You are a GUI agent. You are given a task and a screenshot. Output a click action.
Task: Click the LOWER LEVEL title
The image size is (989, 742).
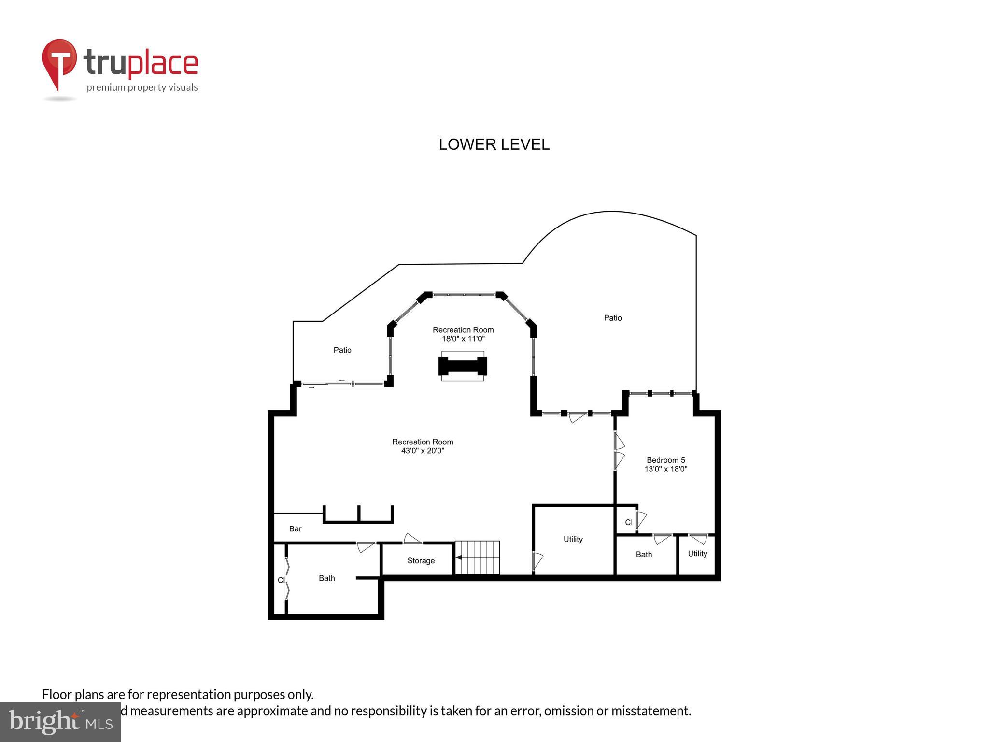(x=494, y=144)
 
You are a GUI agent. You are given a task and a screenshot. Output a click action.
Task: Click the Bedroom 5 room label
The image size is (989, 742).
(x=665, y=460)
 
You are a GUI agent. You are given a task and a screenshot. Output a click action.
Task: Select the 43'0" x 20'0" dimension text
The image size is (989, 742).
(x=422, y=451)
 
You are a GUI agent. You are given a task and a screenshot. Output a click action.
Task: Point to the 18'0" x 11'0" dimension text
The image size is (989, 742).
(x=463, y=339)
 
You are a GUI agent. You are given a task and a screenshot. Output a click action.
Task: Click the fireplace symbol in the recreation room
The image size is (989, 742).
(x=462, y=366)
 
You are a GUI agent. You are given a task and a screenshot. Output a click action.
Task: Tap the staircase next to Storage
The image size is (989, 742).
(x=477, y=557)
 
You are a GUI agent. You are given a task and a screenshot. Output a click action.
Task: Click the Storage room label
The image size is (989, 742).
(x=421, y=560)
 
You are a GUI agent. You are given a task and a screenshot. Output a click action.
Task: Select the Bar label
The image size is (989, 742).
(x=295, y=528)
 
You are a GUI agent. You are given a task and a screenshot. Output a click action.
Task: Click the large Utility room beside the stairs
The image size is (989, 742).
(x=573, y=539)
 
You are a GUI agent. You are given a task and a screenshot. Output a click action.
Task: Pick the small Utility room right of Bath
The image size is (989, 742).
(x=697, y=554)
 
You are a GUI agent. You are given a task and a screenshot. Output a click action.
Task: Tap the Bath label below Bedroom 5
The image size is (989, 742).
(x=643, y=554)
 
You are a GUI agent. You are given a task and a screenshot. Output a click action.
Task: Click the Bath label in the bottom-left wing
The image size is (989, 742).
(x=326, y=578)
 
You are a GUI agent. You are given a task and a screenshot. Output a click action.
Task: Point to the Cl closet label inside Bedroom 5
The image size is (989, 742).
(x=628, y=522)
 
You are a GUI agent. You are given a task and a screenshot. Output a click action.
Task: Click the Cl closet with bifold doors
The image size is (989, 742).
(x=281, y=580)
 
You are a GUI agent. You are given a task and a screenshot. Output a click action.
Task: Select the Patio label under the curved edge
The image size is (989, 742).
(x=612, y=318)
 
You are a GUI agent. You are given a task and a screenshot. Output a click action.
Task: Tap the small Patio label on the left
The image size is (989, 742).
(x=342, y=350)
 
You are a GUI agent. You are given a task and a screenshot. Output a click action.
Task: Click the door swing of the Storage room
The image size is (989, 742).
(x=412, y=538)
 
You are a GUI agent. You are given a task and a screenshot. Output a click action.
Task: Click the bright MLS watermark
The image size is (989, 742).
(x=60, y=722)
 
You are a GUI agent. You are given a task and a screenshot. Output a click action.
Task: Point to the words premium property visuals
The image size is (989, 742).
(x=142, y=87)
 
